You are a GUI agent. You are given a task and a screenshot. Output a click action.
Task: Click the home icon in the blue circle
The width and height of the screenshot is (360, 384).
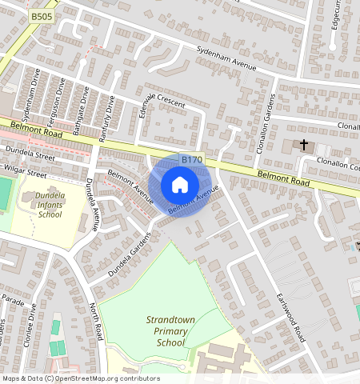pos(180,186)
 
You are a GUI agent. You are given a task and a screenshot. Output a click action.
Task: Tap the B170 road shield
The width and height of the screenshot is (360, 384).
pos(192,160)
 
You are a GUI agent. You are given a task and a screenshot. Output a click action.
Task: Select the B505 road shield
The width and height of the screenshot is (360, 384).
pos(38,15)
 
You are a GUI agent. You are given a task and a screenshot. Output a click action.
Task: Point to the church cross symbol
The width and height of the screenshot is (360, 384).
pos(303,145)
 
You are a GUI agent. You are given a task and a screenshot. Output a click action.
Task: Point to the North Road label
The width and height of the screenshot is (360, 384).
pos(96,320)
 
